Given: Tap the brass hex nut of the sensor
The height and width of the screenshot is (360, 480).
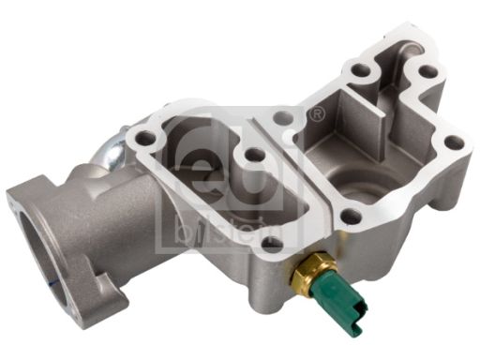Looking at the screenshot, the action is click(314, 271).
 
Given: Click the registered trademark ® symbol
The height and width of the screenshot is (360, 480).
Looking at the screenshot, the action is click(318, 113).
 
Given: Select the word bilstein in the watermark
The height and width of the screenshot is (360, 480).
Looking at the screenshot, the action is click(228, 230).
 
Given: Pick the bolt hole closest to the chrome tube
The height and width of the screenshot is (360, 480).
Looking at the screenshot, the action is click(144, 137).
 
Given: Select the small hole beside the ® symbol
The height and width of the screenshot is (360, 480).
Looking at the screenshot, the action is click(284, 117).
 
